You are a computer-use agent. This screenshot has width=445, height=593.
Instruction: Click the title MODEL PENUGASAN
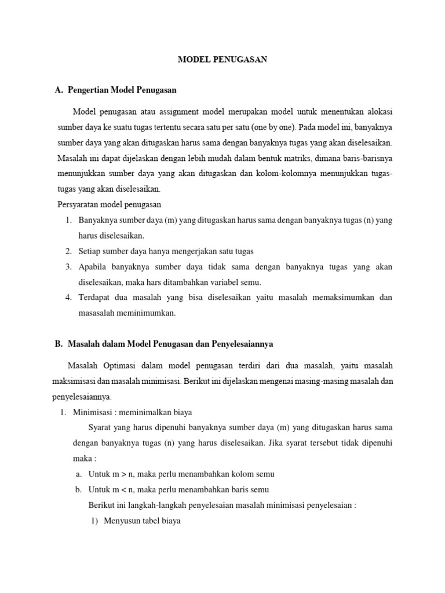tap(222, 60)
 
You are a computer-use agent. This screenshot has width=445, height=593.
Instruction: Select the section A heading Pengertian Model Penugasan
tap(122, 90)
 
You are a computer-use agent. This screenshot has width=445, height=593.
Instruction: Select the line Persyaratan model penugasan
tap(109, 204)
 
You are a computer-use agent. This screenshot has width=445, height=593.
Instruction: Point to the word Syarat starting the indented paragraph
tap(100, 427)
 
